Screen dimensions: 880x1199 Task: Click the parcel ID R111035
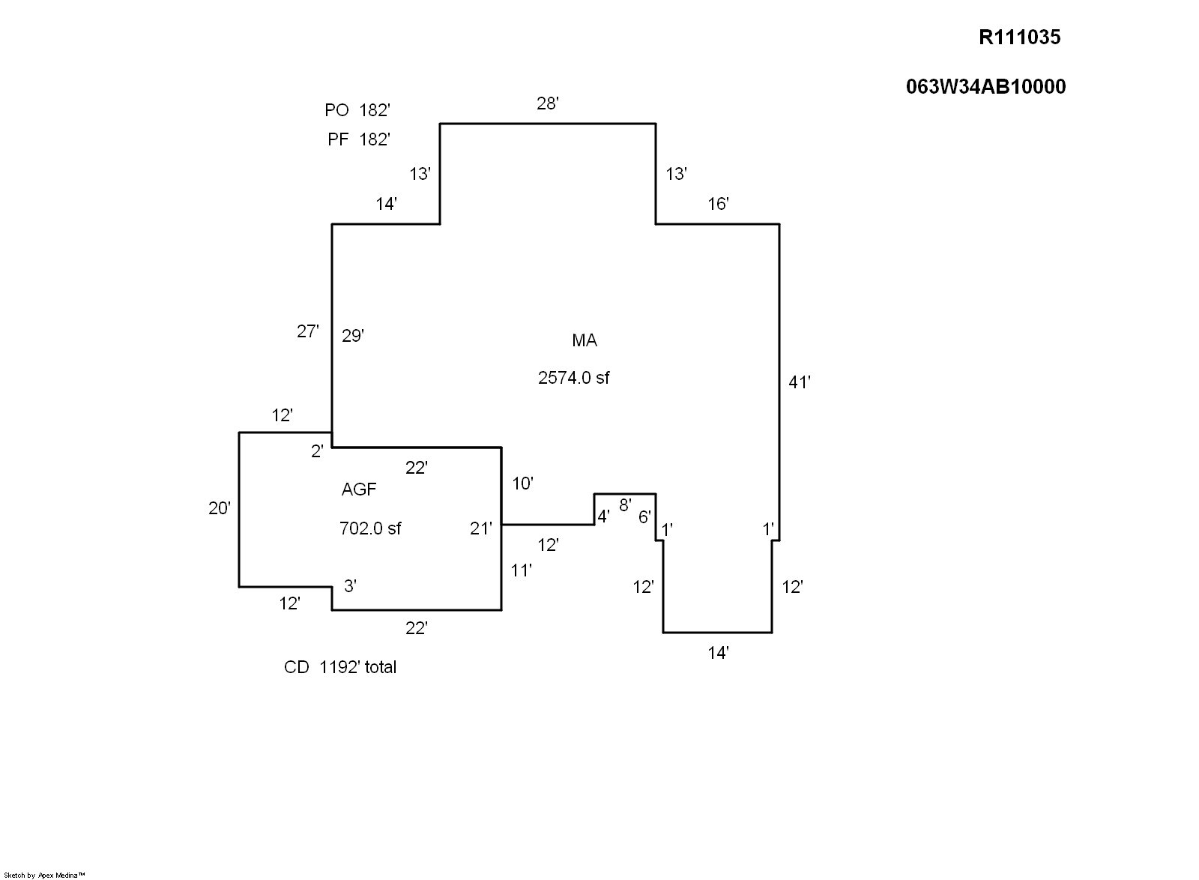[x=1019, y=37]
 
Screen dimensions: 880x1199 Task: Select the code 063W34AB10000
[x=985, y=87]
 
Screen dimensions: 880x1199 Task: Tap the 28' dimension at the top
[x=548, y=103]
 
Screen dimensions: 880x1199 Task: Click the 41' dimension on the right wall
[x=800, y=382]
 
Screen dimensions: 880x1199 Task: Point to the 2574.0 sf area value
[x=573, y=378]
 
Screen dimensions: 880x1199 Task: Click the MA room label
[x=585, y=340]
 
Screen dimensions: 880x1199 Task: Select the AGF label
[x=359, y=489]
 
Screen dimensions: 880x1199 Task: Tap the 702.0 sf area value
[x=370, y=528]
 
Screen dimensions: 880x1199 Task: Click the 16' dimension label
[x=718, y=204]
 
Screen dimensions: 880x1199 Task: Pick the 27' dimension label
[x=308, y=331]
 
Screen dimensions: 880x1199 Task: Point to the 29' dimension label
[x=353, y=336]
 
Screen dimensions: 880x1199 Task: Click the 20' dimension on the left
[x=219, y=508]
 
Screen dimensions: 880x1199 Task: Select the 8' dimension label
[x=625, y=504]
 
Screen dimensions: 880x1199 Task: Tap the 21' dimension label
[x=481, y=528]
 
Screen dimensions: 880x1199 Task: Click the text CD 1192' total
[x=340, y=667]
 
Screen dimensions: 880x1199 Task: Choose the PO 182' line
[x=357, y=110]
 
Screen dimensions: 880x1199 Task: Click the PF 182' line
[x=358, y=139]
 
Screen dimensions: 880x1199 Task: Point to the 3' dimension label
[x=350, y=586]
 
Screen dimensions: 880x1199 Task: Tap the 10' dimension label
[x=522, y=483]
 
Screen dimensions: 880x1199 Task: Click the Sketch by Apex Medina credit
[x=44, y=874]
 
